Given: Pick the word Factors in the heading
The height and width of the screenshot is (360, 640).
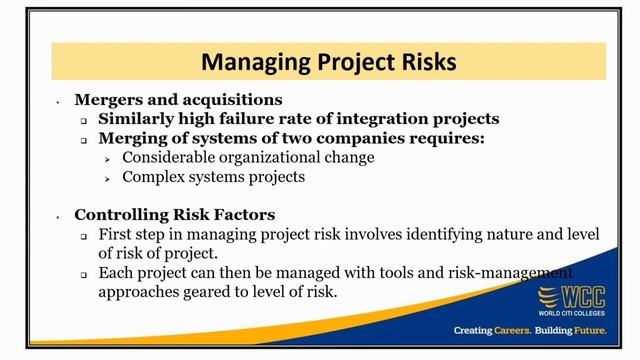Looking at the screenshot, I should [x=244, y=215].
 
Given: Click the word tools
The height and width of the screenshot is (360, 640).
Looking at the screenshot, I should [x=366, y=273].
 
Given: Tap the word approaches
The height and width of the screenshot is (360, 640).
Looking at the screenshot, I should [x=141, y=292].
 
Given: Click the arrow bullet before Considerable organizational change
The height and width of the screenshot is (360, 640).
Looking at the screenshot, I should [x=108, y=158].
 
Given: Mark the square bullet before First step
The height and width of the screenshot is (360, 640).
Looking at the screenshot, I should [x=85, y=235].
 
